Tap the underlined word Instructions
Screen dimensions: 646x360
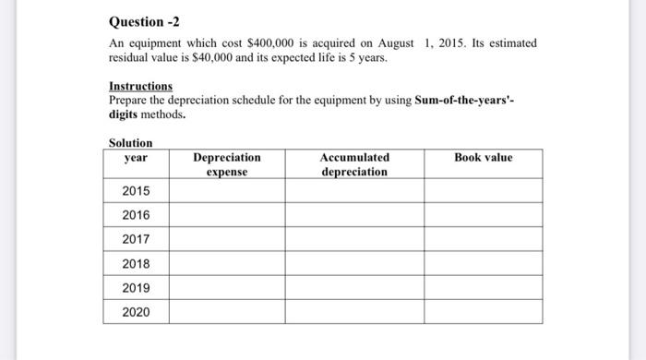(x=139, y=86)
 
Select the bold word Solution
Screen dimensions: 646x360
(x=131, y=142)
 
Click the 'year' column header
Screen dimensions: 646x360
(x=135, y=158)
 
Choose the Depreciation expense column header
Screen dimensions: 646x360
(x=227, y=164)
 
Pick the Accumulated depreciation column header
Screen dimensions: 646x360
(x=354, y=164)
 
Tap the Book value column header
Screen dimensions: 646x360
(x=483, y=158)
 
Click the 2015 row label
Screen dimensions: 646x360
(x=135, y=191)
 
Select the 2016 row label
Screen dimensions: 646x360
(x=135, y=215)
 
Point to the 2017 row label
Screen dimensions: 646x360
(x=135, y=239)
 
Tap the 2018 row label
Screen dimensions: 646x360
(x=135, y=264)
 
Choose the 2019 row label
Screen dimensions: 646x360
(x=135, y=287)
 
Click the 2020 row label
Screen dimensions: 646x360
(x=135, y=312)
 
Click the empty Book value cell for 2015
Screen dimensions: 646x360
(x=483, y=191)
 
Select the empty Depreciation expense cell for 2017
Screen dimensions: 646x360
(x=227, y=239)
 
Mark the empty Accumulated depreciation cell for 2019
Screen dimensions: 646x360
(x=354, y=287)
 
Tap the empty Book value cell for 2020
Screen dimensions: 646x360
(x=483, y=312)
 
